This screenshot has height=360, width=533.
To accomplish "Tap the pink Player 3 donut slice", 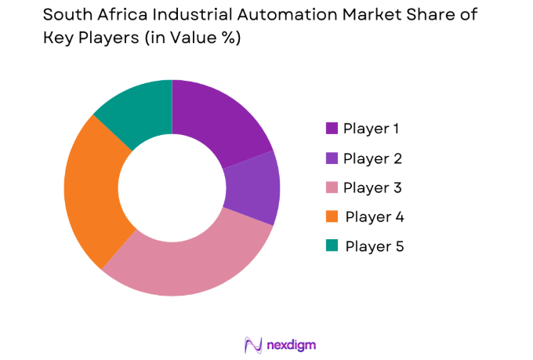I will click(196, 263).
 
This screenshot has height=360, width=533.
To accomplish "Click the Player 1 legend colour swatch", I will click(332, 129).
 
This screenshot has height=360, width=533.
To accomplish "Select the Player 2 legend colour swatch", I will click(332, 158).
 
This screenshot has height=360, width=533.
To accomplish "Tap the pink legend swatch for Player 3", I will click(332, 188).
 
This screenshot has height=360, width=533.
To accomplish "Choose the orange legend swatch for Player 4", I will click(332, 217).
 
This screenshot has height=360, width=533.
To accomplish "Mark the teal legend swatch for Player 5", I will click(332, 246).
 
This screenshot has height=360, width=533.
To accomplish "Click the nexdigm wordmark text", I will click(291, 344).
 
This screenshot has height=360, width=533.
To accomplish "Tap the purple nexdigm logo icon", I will click(252, 344).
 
